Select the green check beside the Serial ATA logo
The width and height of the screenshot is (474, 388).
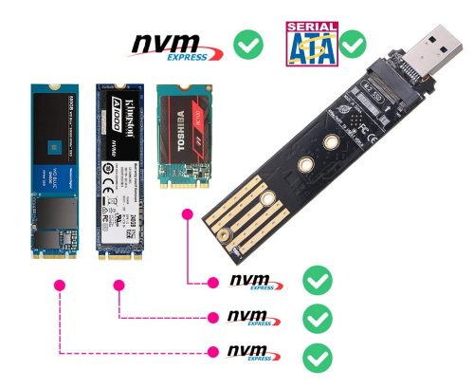pyautogui.click(x=355, y=44)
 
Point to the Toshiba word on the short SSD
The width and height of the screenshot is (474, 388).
pyautogui.click(x=171, y=132)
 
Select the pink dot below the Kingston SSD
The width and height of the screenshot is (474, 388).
pyautogui.click(x=119, y=285)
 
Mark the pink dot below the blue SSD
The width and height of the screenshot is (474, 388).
pyautogui.click(x=60, y=285)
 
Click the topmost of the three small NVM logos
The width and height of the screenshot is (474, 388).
pyautogui.click(x=251, y=281)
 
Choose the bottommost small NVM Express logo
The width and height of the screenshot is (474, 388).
pyautogui.click(x=251, y=354)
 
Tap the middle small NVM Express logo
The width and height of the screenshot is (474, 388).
pyautogui.click(x=251, y=317)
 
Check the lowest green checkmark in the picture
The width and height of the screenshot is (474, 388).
pyautogui.click(x=316, y=356)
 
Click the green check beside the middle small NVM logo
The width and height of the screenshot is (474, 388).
pyautogui.click(x=316, y=317)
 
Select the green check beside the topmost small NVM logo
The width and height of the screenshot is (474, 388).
pyautogui.click(x=316, y=280)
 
